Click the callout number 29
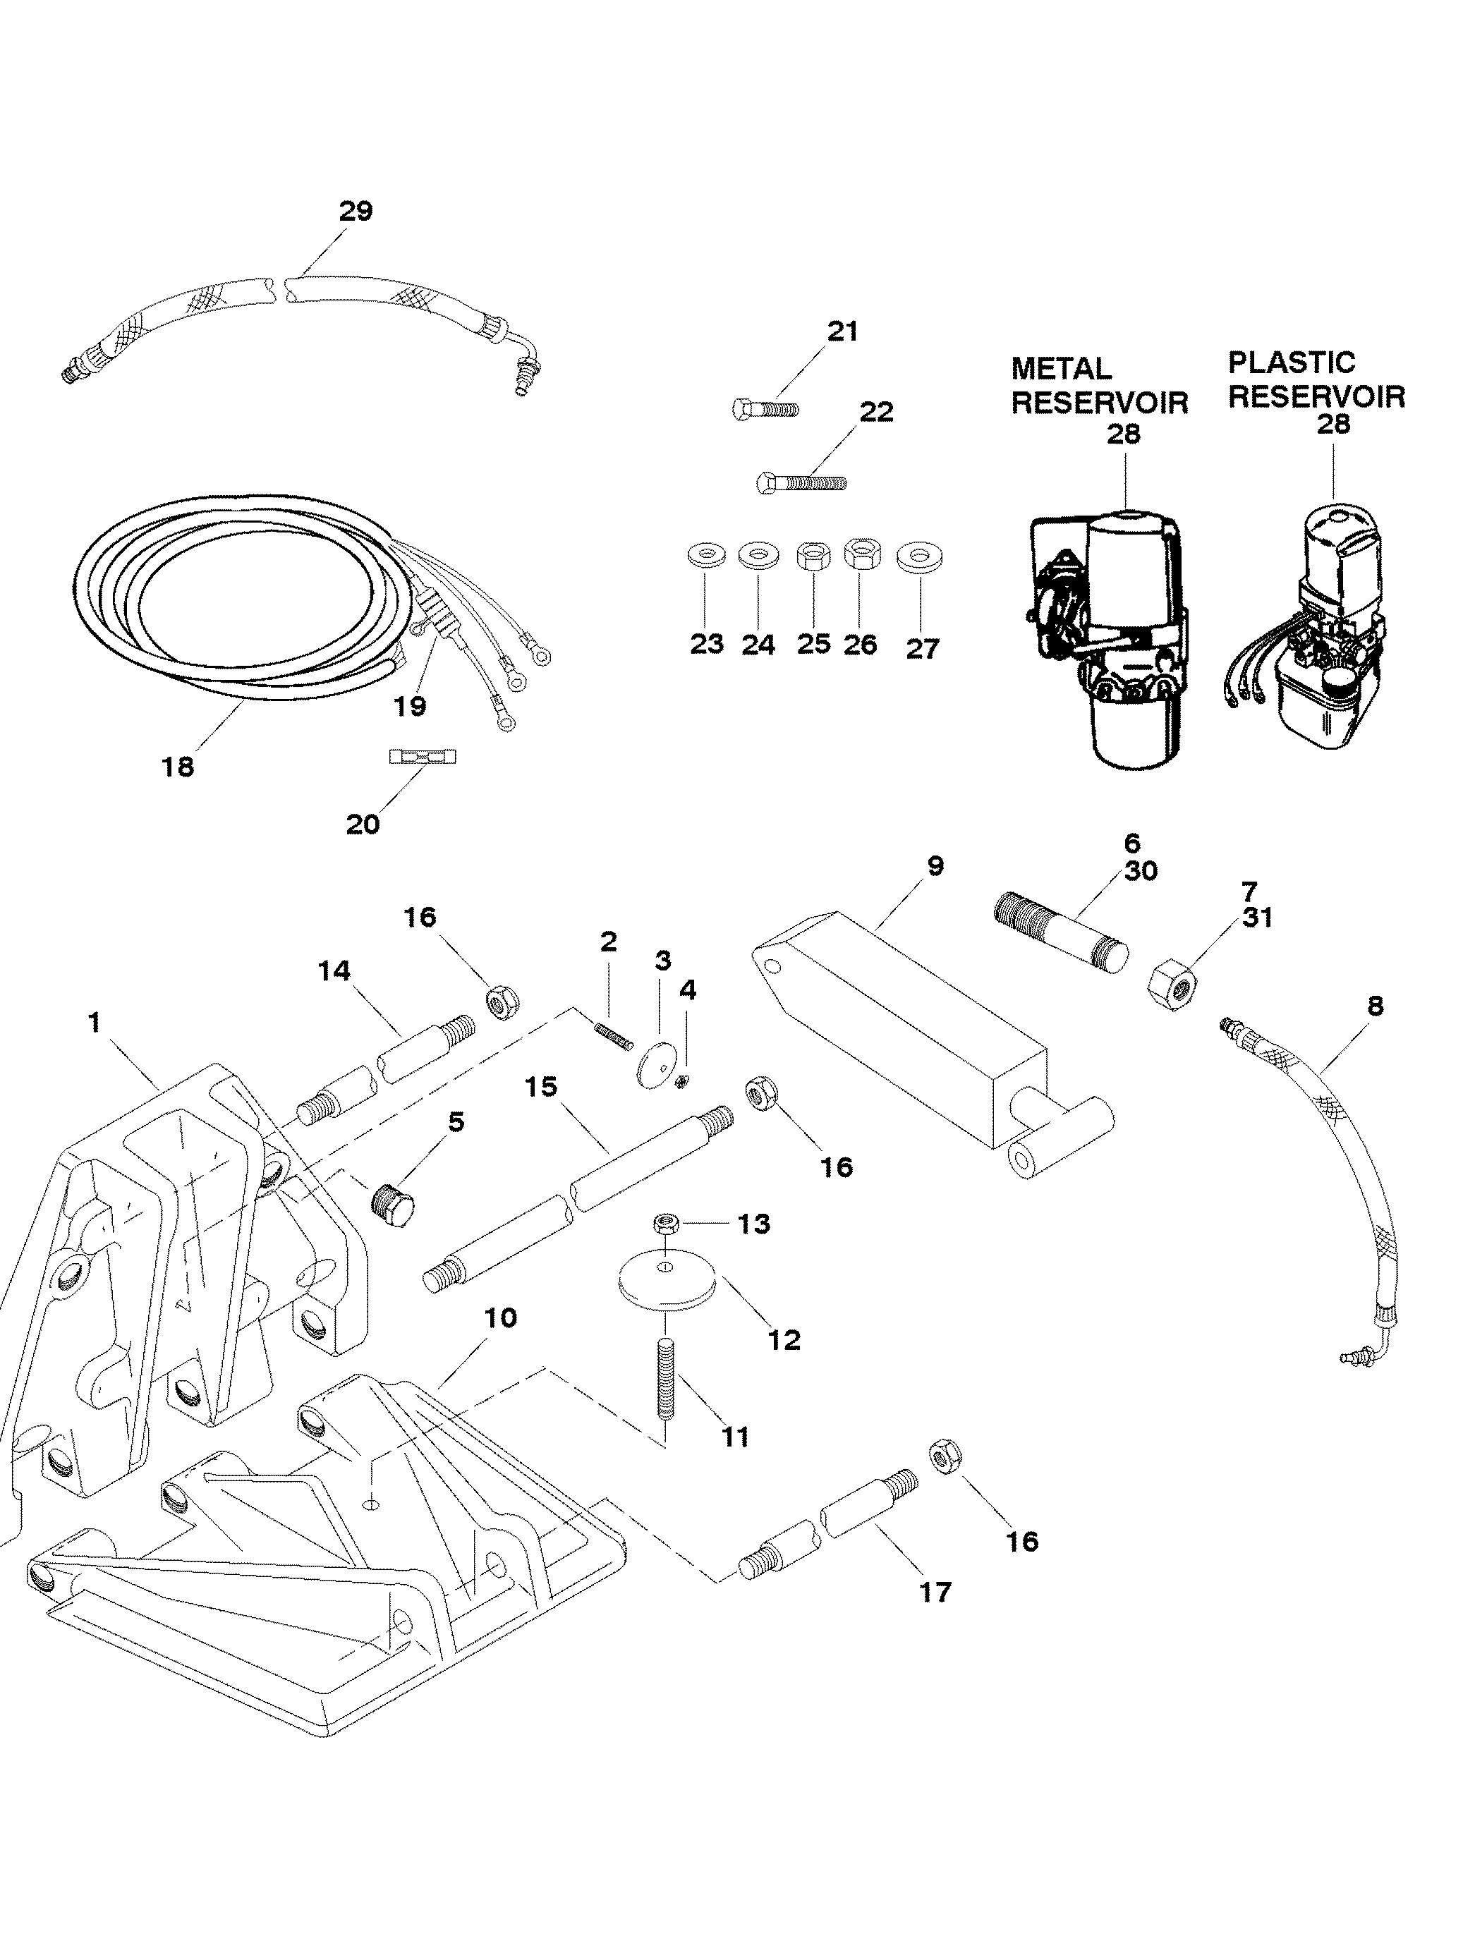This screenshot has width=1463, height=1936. point(356,211)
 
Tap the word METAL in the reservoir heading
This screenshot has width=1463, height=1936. point(1061,367)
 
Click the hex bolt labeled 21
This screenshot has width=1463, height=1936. point(765,408)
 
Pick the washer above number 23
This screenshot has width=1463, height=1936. point(707,556)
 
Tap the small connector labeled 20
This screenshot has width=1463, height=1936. point(425,756)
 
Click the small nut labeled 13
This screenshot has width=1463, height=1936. point(665,1222)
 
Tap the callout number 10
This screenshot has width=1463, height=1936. point(500,1317)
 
